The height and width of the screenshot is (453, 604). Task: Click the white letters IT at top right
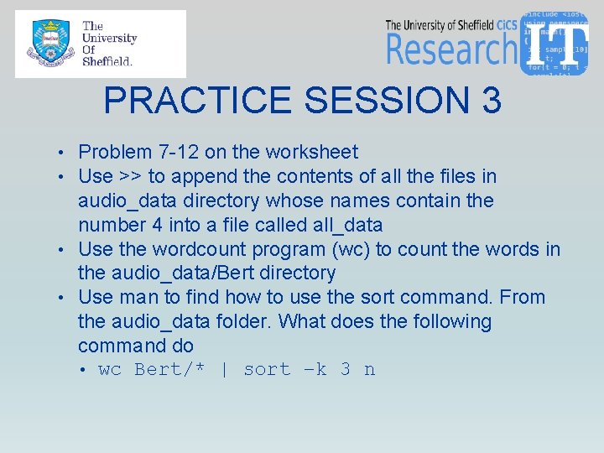[556, 42]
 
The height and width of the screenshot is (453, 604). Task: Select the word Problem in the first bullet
[115, 153]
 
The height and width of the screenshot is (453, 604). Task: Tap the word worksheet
[311, 153]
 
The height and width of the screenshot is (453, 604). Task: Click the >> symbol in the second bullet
[130, 177]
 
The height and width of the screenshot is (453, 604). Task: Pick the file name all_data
[346, 225]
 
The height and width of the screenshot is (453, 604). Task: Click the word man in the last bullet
[134, 298]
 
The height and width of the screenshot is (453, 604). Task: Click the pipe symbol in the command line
[224, 370]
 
